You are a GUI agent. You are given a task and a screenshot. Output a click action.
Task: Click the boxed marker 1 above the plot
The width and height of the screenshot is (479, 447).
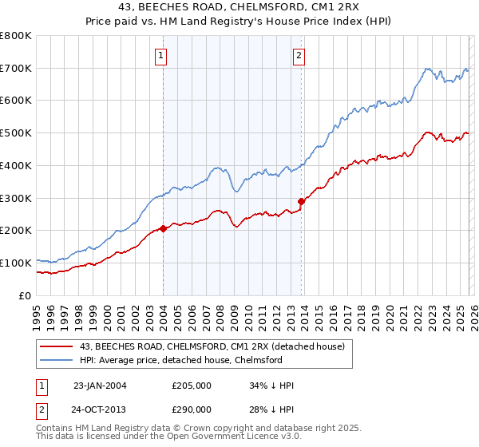pyautogui.click(x=162, y=56)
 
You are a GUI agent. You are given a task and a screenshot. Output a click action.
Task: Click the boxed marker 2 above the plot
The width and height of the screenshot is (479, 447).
pyautogui.click(x=299, y=56)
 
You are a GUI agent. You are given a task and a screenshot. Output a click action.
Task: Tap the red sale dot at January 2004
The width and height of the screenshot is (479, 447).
pyautogui.click(x=163, y=228)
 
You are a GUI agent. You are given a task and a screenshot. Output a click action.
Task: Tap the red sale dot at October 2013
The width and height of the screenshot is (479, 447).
pyautogui.click(x=301, y=201)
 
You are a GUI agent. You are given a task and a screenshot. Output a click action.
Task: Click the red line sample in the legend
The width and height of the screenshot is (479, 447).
pyautogui.click(x=57, y=346)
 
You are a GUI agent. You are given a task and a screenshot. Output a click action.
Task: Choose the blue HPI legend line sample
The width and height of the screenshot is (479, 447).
pyautogui.click(x=57, y=360)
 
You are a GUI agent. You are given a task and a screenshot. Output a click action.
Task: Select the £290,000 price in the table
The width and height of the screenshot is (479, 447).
pyautogui.click(x=192, y=408)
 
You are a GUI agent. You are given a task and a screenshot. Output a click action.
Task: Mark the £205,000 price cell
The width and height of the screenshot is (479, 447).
pyautogui.click(x=192, y=386)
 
